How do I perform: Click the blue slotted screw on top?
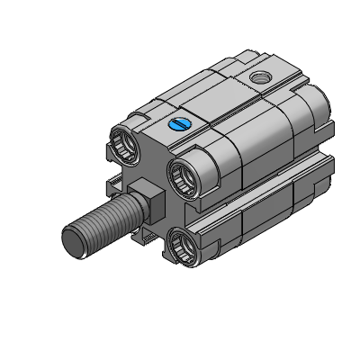coord(178,124)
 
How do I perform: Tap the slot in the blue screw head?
coord(178,124)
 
